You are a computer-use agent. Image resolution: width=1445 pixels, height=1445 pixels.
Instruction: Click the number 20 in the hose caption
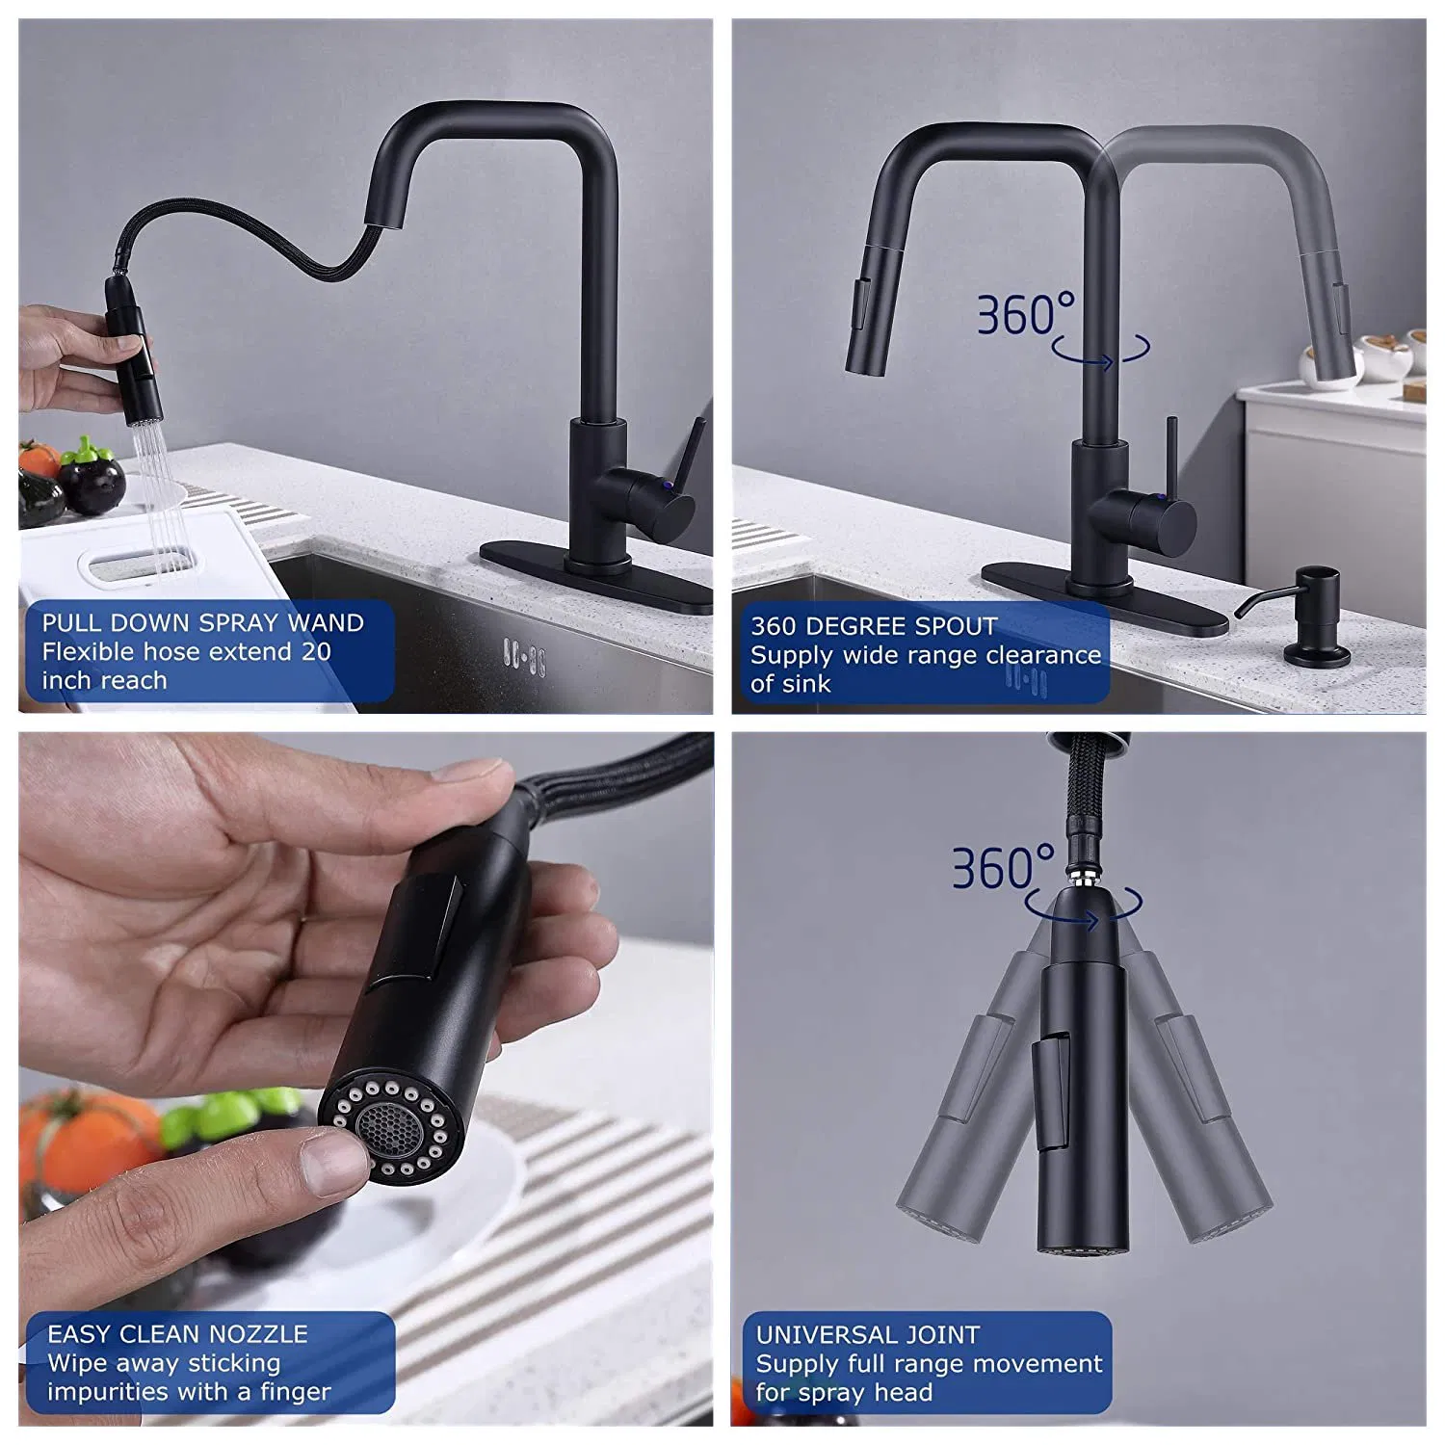click(x=316, y=652)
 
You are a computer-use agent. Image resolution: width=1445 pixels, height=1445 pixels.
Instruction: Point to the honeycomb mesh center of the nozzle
click(x=385, y=1125)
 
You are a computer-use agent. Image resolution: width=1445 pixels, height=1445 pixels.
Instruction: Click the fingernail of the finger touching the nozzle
click(x=332, y=1161)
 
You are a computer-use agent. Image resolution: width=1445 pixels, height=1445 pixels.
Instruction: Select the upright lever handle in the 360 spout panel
click(x=1171, y=454)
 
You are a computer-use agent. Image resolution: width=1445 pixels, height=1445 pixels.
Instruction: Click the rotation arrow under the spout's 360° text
click(x=1101, y=354)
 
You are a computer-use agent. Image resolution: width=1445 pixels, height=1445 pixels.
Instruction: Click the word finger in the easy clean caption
click(x=295, y=1392)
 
